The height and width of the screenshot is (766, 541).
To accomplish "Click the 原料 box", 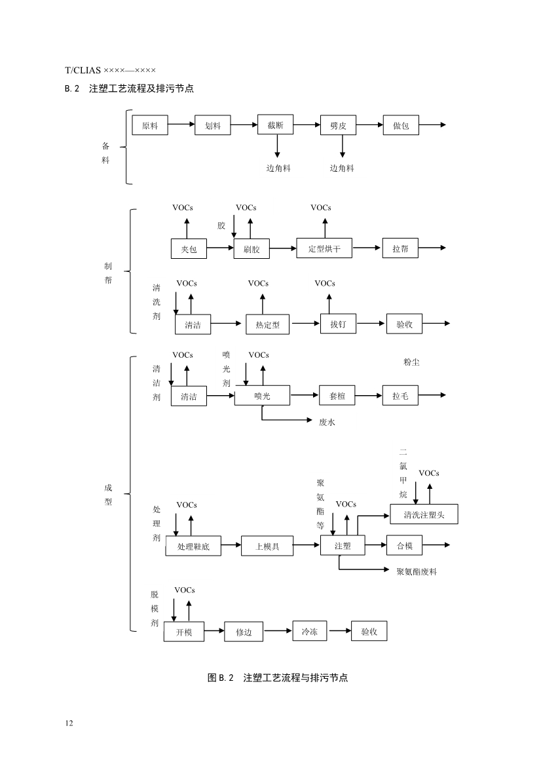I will pyautogui.click(x=150, y=125).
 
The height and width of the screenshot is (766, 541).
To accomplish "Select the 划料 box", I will pyautogui.click(x=213, y=125).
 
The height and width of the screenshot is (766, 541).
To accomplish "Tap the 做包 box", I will pyautogui.click(x=401, y=125).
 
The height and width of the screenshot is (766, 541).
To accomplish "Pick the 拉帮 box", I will pyautogui.click(x=401, y=248).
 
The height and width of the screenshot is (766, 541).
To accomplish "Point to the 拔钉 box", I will pyautogui.click(x=338, y=324).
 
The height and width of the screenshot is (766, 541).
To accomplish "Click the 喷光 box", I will pyautogui.click(x=262, y=396).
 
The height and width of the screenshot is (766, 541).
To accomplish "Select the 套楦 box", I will pyautogui.click(x=338, y=396).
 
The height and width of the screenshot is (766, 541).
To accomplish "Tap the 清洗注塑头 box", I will pyautogui.click(x=424, y=514).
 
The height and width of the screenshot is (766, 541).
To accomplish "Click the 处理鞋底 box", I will pyautogui.click(x=193, y=546).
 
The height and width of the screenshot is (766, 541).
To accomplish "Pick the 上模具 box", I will pyautogui.click(x=267, y=546).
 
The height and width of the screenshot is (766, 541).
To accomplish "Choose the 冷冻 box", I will pyautogui.click(x=309, y=632).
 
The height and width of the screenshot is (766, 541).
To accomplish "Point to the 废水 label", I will pyautogui.click(x=327, y=423).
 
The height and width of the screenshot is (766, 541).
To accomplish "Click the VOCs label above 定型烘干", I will pyautogui.click(x=321, y=208).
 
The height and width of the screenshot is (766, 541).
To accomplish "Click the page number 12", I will pyautogui.click(x=69, y=723).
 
